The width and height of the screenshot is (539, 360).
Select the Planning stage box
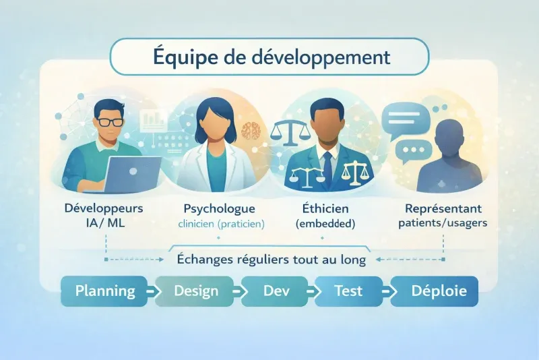click(x=104, y=291)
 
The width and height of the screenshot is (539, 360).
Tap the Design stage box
click(x=196, y=291)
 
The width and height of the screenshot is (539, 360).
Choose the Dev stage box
click(x=273, y=291)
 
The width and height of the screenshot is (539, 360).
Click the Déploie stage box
click(x=435, y=291)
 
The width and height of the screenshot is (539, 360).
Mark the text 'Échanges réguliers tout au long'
click(x=271, y=259)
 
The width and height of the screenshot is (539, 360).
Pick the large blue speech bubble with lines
click(x=405, y=119)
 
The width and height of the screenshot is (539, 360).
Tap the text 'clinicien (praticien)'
click(x=217, y=222)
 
